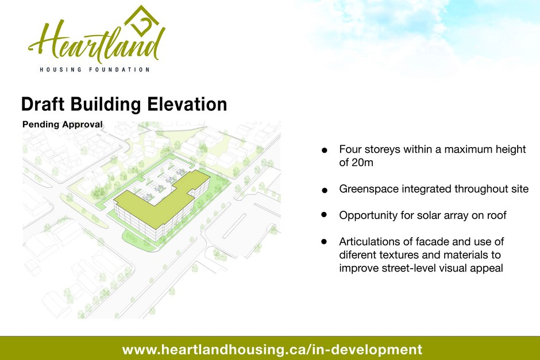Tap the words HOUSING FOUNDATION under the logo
coord(95,69)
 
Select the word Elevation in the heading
coord(187,104)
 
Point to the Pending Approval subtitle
coord(63,124)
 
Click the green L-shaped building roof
coord(162,203)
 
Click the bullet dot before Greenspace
coord(324,190)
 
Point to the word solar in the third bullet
coord(430,215)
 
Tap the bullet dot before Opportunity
coord(324,214)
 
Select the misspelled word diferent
coord(357,255)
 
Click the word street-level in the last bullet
coord(411,268)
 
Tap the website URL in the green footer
coord(272,349)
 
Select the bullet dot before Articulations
coord(324,242)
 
